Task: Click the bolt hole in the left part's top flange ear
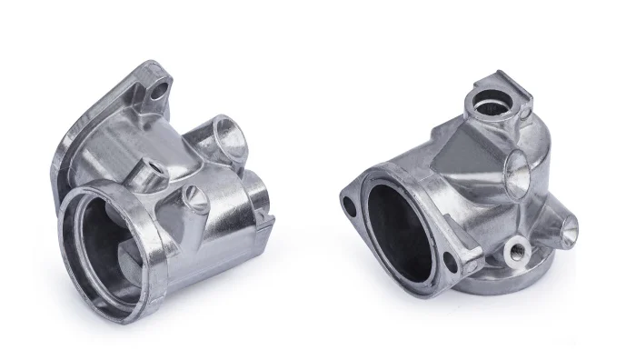(162, 89)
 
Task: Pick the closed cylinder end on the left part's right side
(256, 188)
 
